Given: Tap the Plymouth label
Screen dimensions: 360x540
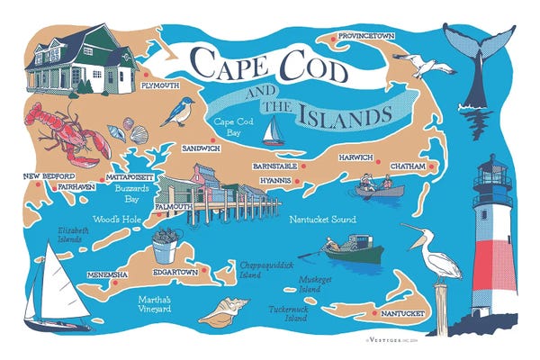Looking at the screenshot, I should coord(159,85).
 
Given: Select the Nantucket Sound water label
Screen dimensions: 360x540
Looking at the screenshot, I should coord(322,219).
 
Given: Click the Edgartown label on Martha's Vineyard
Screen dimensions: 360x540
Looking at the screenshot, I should coord(175,272).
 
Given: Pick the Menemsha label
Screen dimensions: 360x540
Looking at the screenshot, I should coord(106,274).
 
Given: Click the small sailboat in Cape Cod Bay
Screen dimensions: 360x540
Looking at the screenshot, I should coord(273,131).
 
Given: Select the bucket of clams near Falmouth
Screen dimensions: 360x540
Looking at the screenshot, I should coord(164,247).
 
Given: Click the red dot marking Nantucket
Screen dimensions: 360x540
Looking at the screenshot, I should coord(372,313).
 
